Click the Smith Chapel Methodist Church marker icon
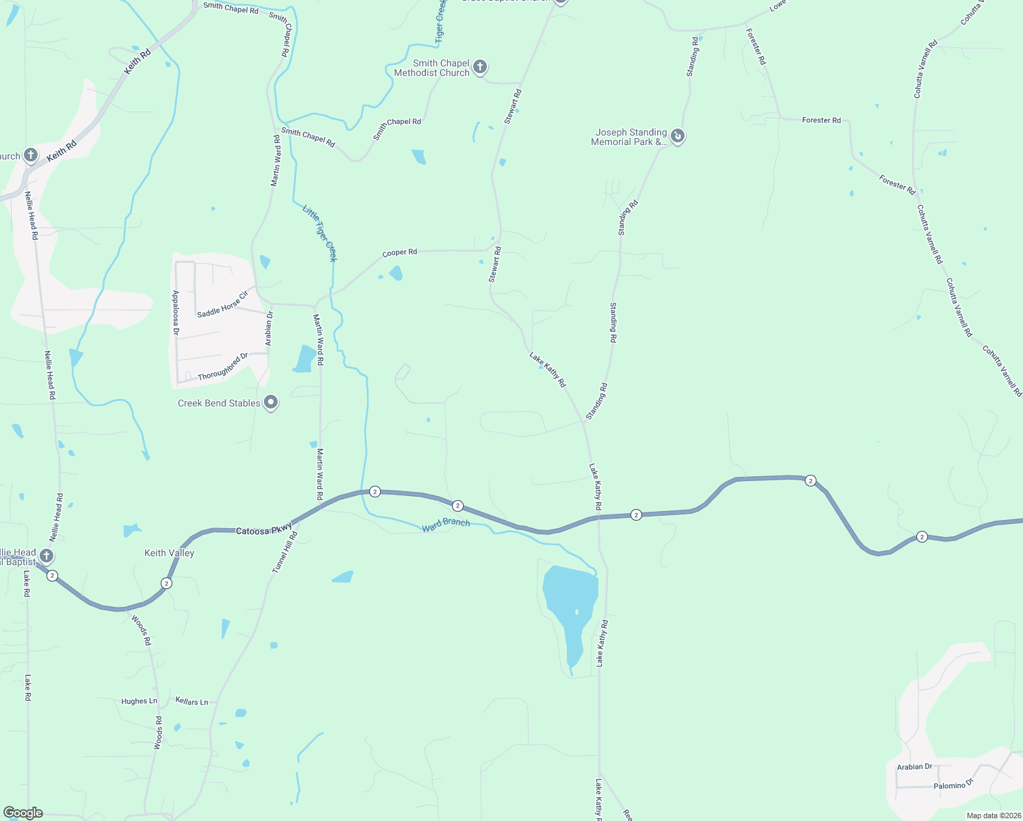480,67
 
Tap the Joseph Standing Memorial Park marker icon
677,136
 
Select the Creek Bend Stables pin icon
271,403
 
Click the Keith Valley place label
169,553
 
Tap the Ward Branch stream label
446,524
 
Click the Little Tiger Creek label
320,233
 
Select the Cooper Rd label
399,252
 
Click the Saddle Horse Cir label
222,304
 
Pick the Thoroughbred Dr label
223,367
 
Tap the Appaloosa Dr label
176,312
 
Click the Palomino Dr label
953,785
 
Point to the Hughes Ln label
139,701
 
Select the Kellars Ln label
192,701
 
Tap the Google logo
23,813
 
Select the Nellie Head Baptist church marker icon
46,556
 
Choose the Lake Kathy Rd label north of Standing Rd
548,369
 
